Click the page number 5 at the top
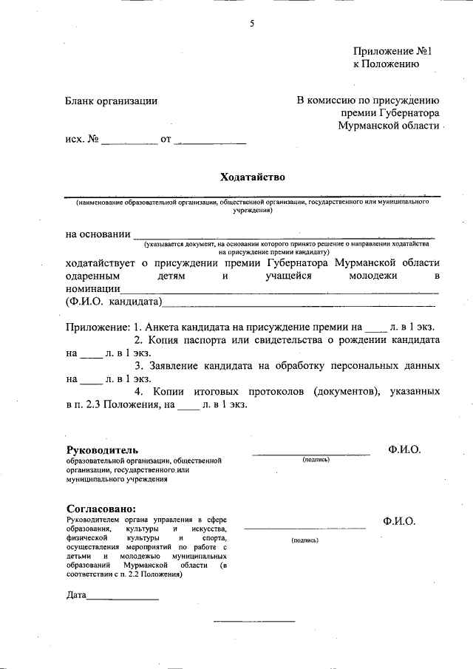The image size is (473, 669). click(x=251, y=24)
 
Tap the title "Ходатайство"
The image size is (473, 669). click(x=252, y=177)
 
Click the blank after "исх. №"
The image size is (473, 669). click(x=129, y=140)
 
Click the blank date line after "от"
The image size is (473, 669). click(x=210, y=140)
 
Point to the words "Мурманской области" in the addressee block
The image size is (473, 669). click(x=388, y=126)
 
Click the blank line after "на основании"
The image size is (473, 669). click(x=285, y=235)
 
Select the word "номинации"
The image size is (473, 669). click(x=92, y=288)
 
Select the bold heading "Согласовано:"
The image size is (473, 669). click(x=101, y=509)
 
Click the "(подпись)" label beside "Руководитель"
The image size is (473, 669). click(x=316, y=460)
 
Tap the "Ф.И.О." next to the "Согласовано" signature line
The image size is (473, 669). click(x=399, y=521)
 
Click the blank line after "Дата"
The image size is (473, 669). click(x=123, y=596)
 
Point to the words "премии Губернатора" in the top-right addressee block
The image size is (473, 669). click(x=390, y=113)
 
